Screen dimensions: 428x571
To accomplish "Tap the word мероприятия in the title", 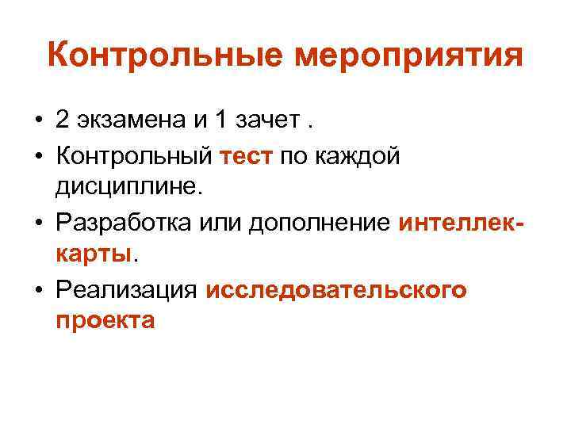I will point(408,58).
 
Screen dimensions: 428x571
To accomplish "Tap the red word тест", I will point(247,158).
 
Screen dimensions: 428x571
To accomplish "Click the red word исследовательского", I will point(336,291).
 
